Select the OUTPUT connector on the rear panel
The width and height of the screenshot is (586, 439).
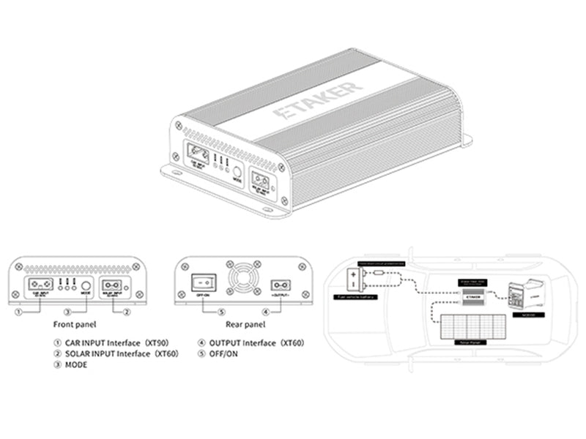279,285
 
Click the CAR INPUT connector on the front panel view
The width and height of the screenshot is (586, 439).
40,285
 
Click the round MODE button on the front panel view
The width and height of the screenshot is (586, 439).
86,285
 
